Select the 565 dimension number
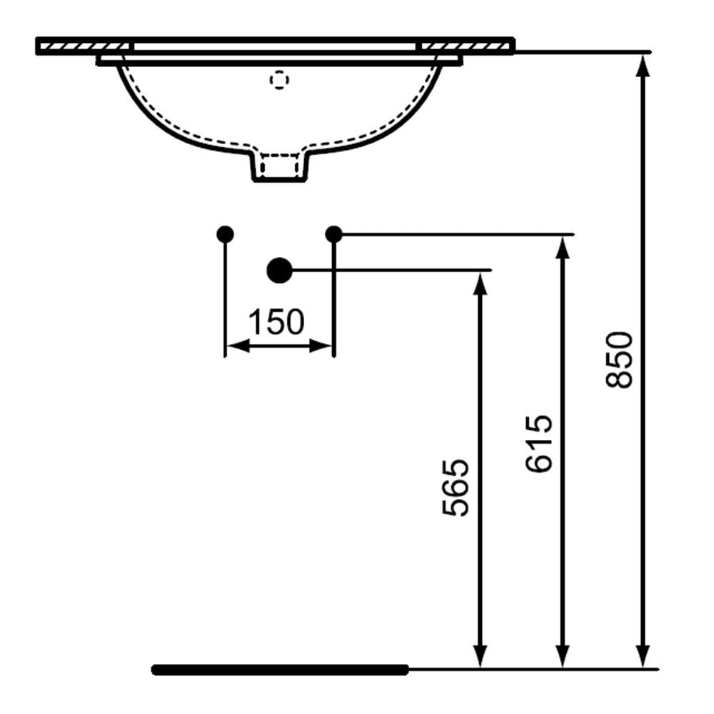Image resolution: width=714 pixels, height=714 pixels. pyautogui.click(x=455, y=488)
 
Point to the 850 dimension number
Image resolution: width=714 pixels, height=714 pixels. pyautogui.click(x=619, y=360)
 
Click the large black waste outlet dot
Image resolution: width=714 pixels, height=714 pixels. pyautogui.click(x=279, y=270)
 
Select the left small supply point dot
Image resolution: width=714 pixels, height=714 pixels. pyautogui.click(x=225, y=234)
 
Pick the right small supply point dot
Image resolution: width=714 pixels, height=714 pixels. pyautogui.click(x=333, y=234)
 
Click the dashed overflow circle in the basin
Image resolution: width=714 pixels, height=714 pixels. pyautogui.click(x=279, y=80)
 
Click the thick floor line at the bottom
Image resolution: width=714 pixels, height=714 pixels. pyautogui.click(x=280, y=670)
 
